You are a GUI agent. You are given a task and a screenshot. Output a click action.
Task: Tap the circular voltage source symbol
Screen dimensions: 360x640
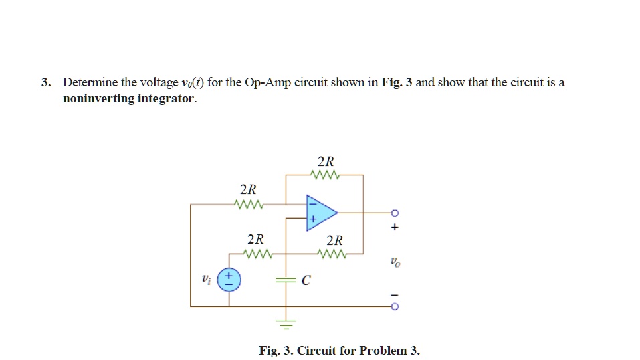pos(229,280)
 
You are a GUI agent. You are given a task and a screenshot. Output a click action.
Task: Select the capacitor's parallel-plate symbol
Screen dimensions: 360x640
pos(286,280)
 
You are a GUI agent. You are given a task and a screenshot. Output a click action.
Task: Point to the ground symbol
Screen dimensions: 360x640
pos(286,326)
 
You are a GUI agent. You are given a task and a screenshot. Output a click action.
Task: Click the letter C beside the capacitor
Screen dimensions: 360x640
pos(306,281)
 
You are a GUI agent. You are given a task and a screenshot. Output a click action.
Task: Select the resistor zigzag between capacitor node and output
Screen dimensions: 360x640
pos(332,254)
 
